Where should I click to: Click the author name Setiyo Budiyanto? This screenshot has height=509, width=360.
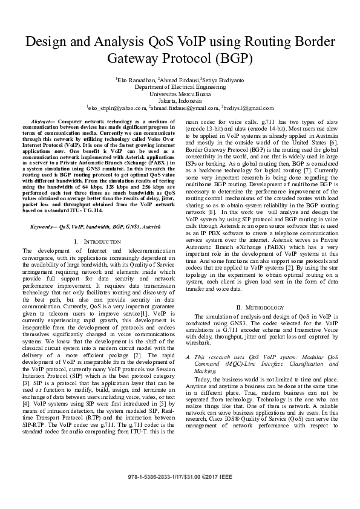tap(223, 79)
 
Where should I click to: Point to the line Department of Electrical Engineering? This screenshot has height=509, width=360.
tap(180, 86)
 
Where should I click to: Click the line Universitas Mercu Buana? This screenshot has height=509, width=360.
tap(180, 94)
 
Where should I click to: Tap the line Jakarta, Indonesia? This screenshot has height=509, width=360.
tap(180, 100)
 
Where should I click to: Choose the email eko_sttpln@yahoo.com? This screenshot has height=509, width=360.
tap(117, 108)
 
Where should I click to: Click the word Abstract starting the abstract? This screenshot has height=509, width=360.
tap(41, 122)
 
